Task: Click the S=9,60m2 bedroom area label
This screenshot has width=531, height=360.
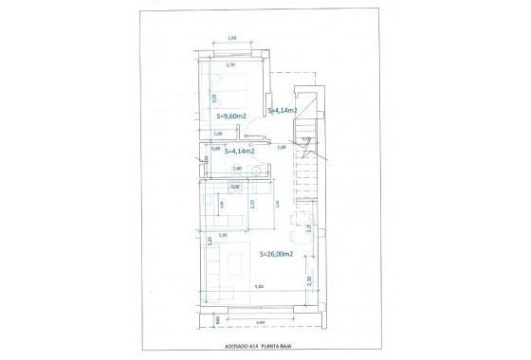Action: click(x=231, y=116)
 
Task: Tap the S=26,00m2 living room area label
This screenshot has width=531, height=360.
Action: click(x=276, y=254)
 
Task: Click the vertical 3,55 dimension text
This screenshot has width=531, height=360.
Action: click(x=214, y=98)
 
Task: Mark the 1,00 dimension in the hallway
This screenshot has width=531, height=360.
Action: click(x=281, y=147)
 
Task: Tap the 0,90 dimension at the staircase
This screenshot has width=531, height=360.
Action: click(x=305, y=139)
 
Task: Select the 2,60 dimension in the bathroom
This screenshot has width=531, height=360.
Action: click(x=238, y=168)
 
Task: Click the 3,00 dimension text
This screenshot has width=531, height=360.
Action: click(x=235, y=187)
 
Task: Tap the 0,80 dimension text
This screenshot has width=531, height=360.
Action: click(x=215, y=147)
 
